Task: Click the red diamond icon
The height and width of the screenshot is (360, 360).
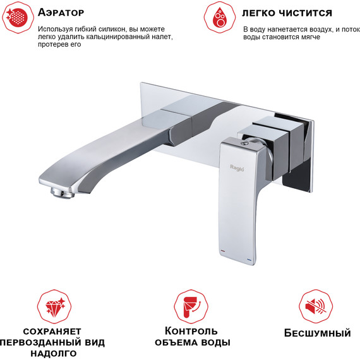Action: coord(54,306)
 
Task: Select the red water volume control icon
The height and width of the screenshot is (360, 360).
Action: coord(190,306)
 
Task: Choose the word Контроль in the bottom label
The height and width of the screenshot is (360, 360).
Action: coord(192,331)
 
